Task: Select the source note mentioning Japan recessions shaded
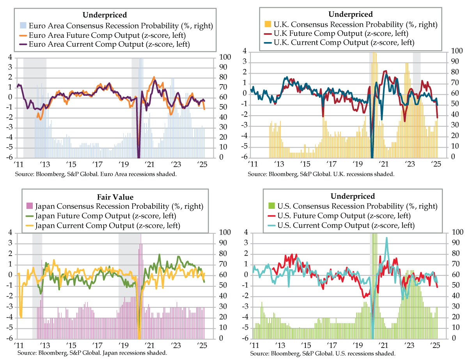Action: coord(92,353)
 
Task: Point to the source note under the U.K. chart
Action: coord(321,174)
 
